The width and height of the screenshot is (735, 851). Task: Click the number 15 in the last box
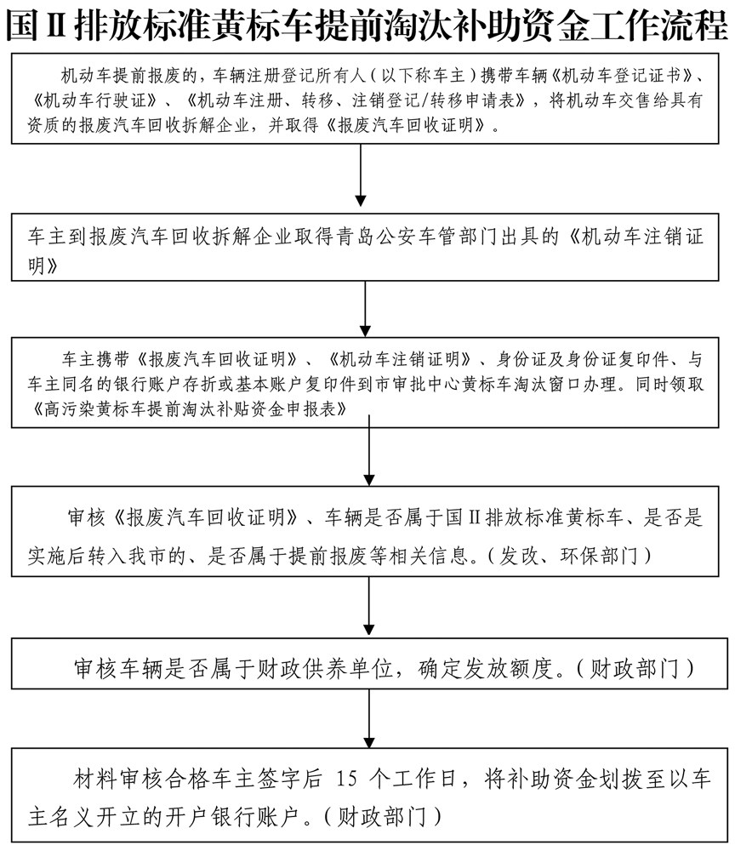coord(350,779)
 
